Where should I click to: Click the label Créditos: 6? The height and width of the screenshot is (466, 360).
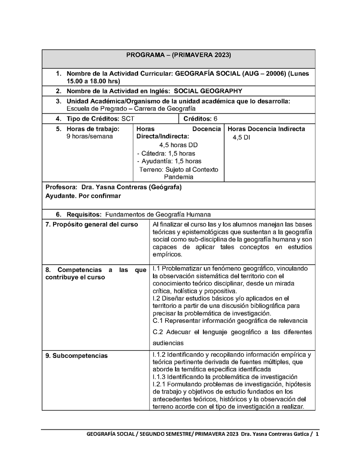coord(201,119)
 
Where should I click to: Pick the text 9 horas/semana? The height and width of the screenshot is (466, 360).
coord(89,136)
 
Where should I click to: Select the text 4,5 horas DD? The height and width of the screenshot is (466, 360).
coord(178,145)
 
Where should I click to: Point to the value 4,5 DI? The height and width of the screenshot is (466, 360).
coord(241,137)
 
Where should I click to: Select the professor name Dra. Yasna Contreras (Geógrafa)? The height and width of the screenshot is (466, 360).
coord(131,187)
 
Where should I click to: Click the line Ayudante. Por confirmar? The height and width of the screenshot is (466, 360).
coord(83,196)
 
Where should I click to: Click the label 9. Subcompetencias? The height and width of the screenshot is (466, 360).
coord(76,356)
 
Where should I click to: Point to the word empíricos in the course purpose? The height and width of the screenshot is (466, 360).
coord(167,254)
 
